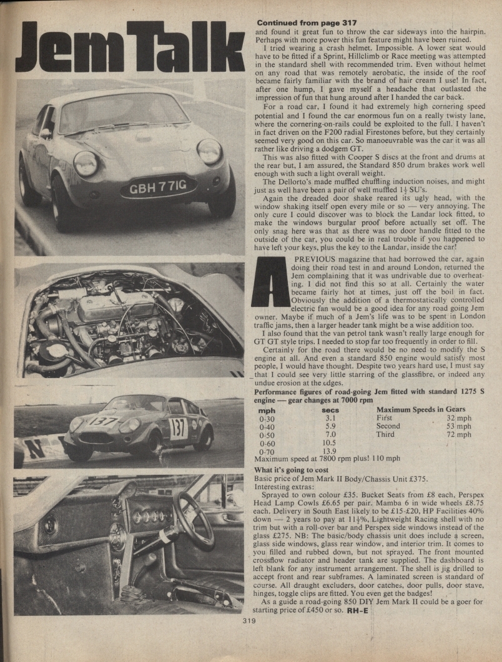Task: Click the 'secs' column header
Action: coord(330,410)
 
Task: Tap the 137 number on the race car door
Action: coord(178,428)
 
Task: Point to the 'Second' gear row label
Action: coord(388,426)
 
